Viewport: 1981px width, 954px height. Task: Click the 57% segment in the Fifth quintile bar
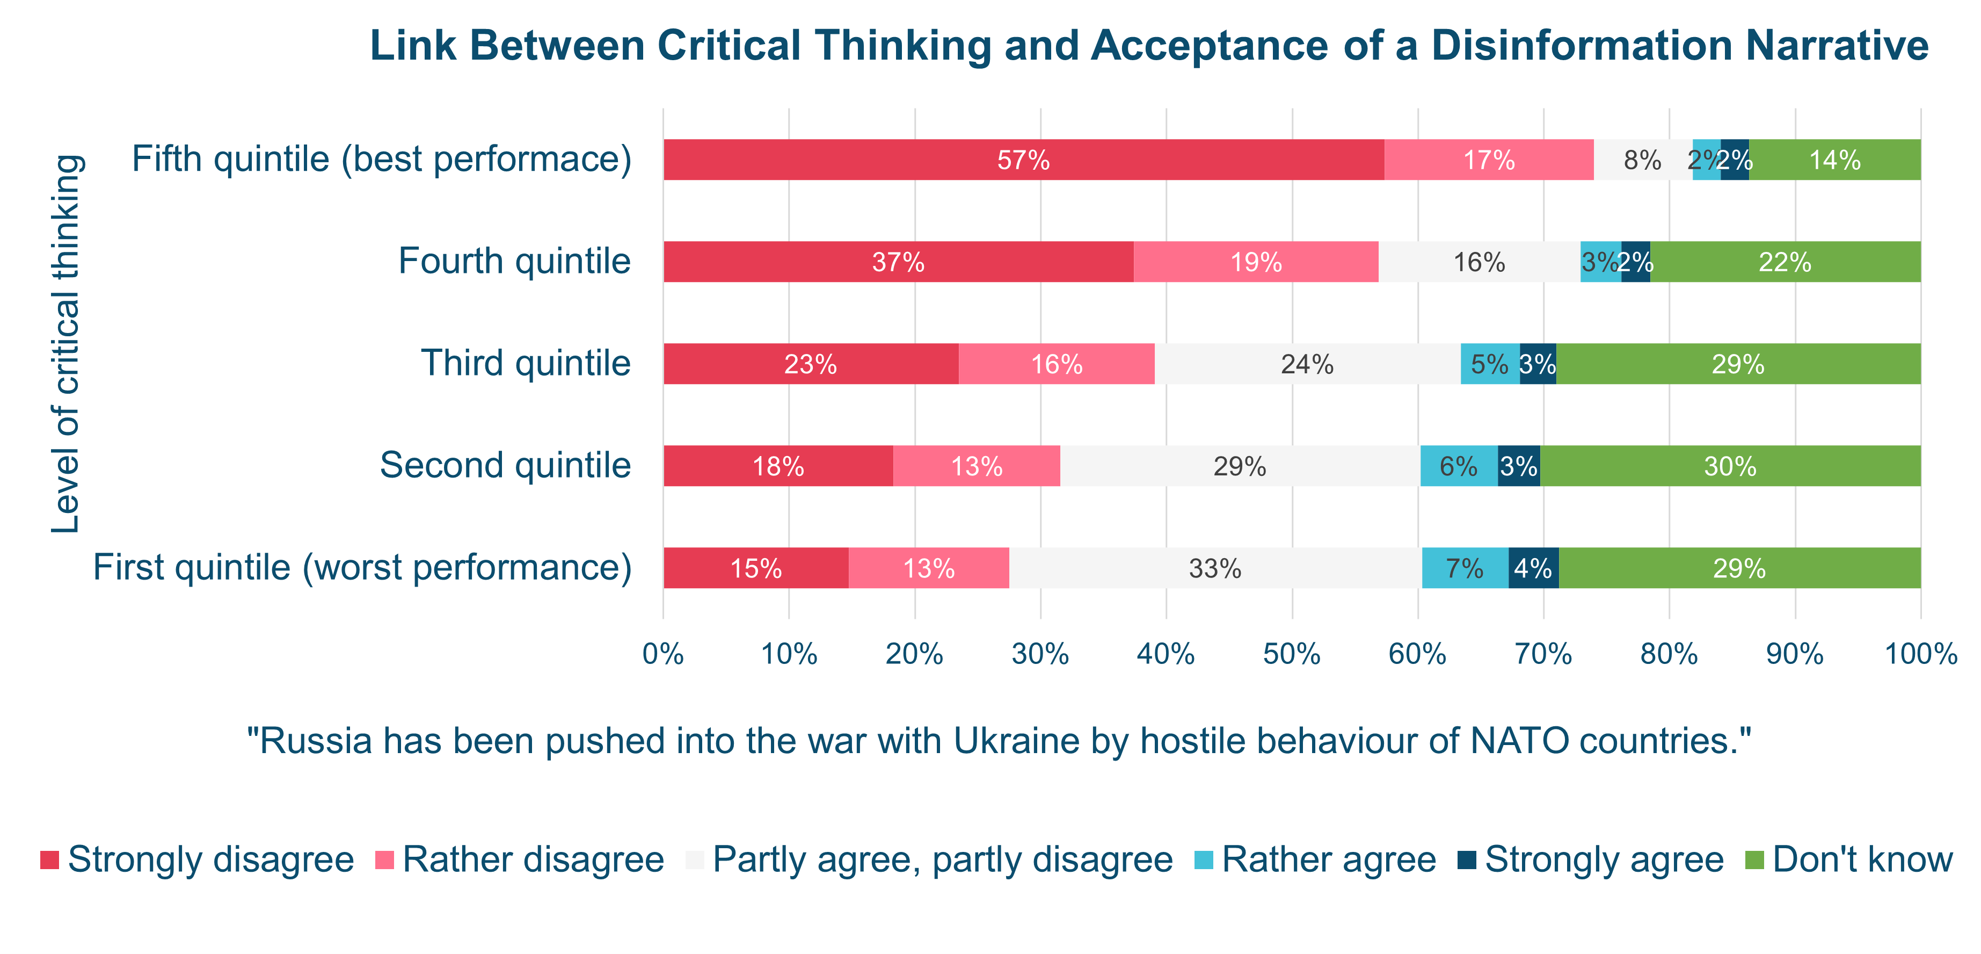pyautogui.click(x=1023, y=160)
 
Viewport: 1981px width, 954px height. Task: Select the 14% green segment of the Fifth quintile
pyautogui.click(x=1834, y=160)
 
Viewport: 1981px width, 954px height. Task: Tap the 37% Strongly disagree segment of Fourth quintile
pyautogui.click(x=898, y=262)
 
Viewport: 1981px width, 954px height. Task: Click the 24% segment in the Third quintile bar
pyautogui.click(x=1307, y=364)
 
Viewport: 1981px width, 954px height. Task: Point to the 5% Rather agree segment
pyautogui.click(x=1490, y=364)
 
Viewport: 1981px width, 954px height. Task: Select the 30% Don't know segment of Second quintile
pyautogui.click(x=1730, y=466)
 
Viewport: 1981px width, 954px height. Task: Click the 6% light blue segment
pyautogui.click(x=1458, y=466)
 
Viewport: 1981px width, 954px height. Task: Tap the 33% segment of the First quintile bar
pyautogui.click(x=1215, y=568)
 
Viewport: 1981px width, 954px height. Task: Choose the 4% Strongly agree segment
pyautogui.click(x=1533, y=568)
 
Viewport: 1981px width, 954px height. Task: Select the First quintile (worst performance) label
pyautogui.click(x=362, y=568)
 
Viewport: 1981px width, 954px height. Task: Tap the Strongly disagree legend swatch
pyautogui.click(x=49, y=860)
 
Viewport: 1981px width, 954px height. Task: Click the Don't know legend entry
pyautogui.click(x=1862, y=860)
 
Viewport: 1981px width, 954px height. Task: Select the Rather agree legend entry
pyautogui.click(x=1328, y=860)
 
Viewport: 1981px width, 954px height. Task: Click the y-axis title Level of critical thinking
pyautogui.click(x=66, y=344)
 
